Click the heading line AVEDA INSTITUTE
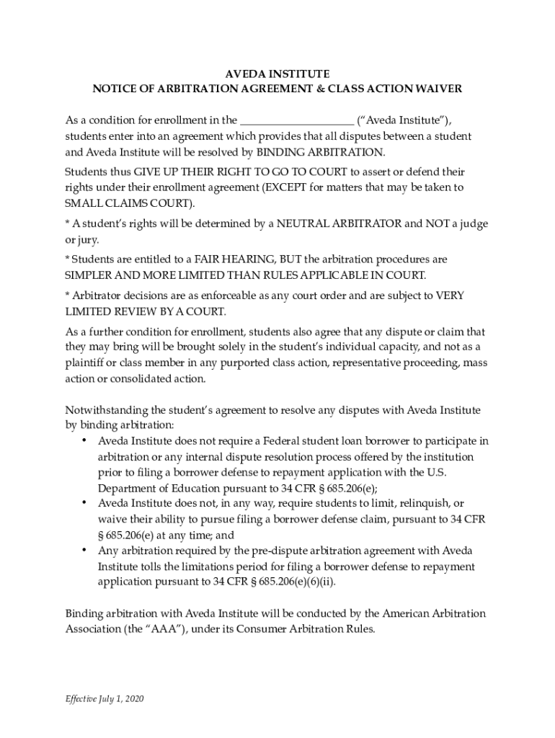[277, 74]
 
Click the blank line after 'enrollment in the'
[296, 120]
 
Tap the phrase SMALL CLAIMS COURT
[130, 203]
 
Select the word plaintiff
[84, 363]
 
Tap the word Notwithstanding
[105, 409]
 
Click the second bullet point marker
[84, 503]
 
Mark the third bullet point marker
[84, 551]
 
